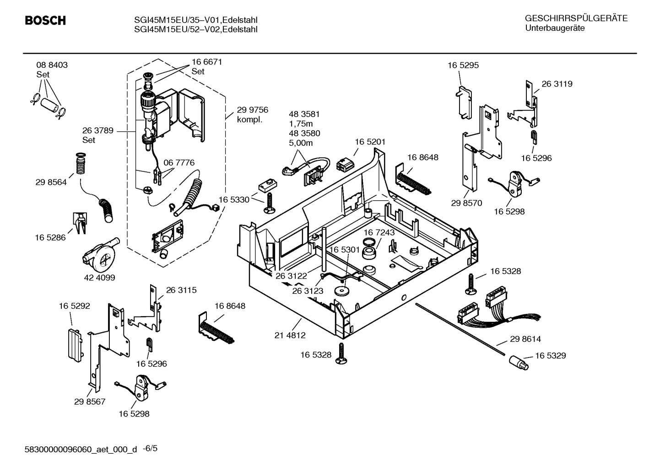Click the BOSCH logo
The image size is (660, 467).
coord(45,21)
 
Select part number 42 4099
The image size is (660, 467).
coord(99,277)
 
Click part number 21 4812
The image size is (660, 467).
coord(290,335)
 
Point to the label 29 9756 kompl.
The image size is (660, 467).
coord(252,115)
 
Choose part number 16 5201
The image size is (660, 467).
coord(370,142)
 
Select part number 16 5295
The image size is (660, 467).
coord(463,65)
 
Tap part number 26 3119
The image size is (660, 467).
coord(557,84)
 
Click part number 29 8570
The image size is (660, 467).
coord(466,203)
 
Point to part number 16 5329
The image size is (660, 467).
coord(550,356)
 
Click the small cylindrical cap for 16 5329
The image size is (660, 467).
coord(518,363)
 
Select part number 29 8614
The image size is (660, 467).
coord(525,339)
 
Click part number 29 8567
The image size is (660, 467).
coord(90,401)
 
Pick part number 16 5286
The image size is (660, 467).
coord(50,237)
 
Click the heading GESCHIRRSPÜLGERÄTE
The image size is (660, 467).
coord(576,19)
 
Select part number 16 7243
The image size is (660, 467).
coord(379,233)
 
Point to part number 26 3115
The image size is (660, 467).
coord(181,290)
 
